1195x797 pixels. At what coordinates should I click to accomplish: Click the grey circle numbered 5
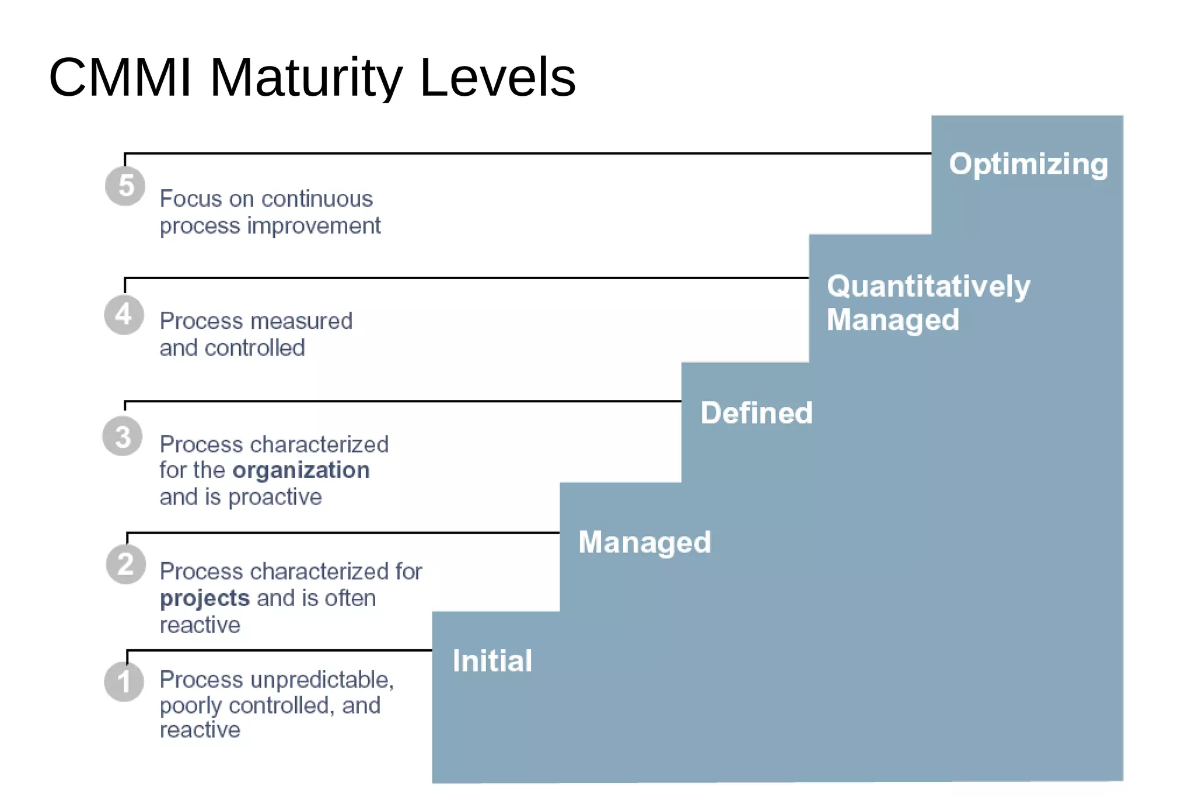coord(125,186)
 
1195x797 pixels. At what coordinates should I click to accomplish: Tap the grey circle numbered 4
coord(124,315)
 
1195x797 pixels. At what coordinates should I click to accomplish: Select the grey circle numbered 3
coord(123,436)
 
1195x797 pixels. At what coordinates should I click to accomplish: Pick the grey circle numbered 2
coord(125,564)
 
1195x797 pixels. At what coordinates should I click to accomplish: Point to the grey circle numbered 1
coord(124,681)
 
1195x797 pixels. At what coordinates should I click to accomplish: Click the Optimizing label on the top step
coord(1028,164)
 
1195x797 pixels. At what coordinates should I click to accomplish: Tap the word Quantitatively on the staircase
coord(928,286)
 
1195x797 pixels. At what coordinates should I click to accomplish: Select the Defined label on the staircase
coord(756,413)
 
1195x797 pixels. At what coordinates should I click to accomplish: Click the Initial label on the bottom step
coord(492,661)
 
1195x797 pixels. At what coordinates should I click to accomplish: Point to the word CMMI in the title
coord(120,77)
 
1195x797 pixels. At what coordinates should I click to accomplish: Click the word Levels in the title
coord(497,77)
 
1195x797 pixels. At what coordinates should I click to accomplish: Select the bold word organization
coord(301,470)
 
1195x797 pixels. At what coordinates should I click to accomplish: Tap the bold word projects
coord(205,598)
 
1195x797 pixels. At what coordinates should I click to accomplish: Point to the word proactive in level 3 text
coord(275,497)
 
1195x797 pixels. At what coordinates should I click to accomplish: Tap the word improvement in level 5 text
coord(313,226)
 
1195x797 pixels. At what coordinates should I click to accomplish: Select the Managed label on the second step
coord(644,542)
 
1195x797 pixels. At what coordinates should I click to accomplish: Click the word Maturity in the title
coord(306,77)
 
